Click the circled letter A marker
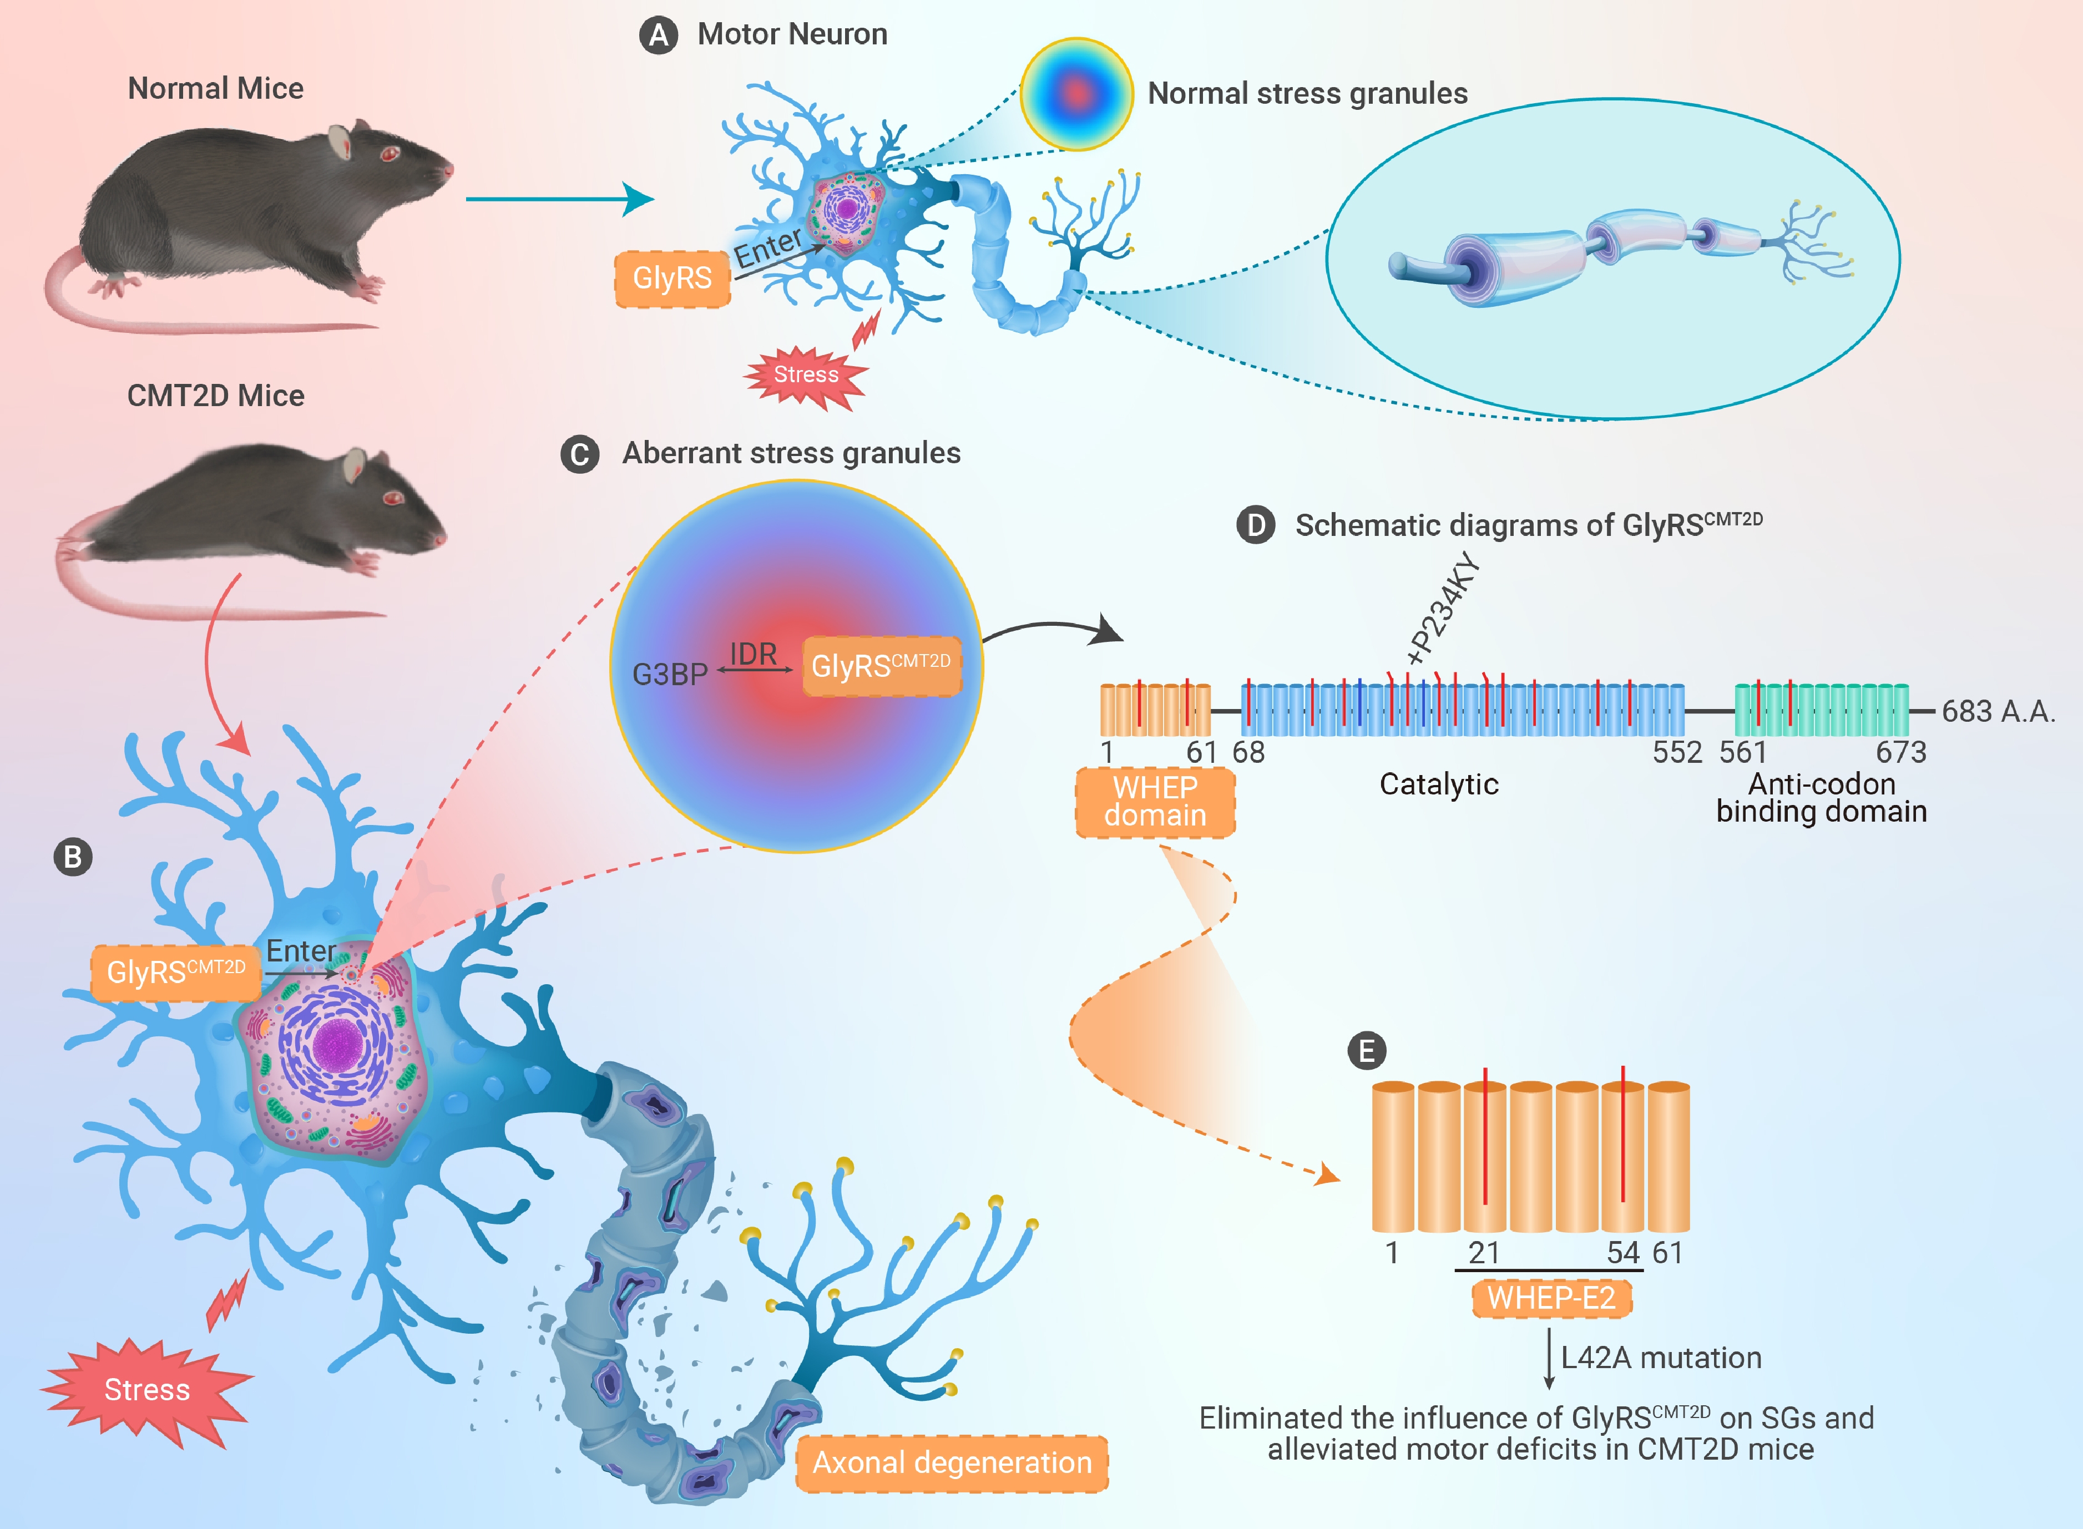pyautogui.click(x=658, y=35)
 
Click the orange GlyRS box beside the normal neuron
pyautogui.click(x=672, y=277)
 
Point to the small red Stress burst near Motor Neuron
pyautogui.click(x=806, y=376)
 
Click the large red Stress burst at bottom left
pyautogui.click(x=146, y=1390)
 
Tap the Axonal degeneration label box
pyautogui.click(x=952, y=1462)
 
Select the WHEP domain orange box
pyautogui.click(x=1155, y=802)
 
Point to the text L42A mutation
pyautogui.click(x=1661, y=1357)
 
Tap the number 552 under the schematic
pyautogui.click(x=1677, y=752)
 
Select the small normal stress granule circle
pyautogui.click(x=1076, y=93)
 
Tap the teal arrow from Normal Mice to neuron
pyautogui.click(x=560, y=198)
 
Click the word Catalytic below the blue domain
pyautogui.click(x=1439, y=785)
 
